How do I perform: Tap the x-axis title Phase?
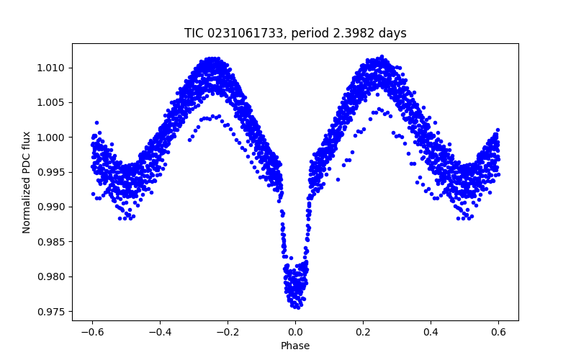click(x=295, y=346)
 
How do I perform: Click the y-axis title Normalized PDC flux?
click(x=26, y=181)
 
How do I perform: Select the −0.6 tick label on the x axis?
click(x=92, y=332)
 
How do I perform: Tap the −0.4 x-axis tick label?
click(x=160, y=332)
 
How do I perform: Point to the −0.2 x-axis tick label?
click(x=228, y=332)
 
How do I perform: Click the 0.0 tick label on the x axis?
click(x=295, y=332)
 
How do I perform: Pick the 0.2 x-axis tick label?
click(x=363, y=332)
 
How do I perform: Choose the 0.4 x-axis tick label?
click(x=431, y=332)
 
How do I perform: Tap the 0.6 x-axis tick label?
click(x=498, y=332)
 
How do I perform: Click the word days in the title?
click(x=394, y=33)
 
